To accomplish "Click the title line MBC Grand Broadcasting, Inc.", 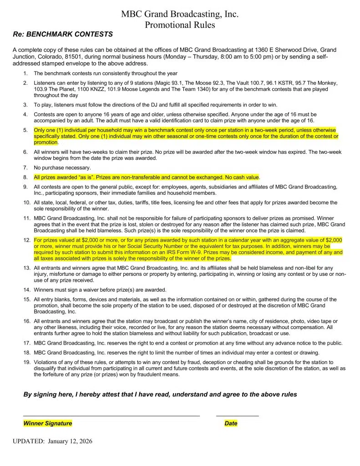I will pos(180,14).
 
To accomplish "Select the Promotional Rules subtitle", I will pos(180,25).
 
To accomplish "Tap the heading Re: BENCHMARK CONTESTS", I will pos(63,34).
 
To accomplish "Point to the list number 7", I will pos(25,168).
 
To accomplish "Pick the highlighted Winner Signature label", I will pos(48,423).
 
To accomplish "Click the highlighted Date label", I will pos(231,423).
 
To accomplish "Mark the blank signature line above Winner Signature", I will pos(112,415).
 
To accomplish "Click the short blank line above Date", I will pos(237,415).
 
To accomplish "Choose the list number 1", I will pos(25,73).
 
